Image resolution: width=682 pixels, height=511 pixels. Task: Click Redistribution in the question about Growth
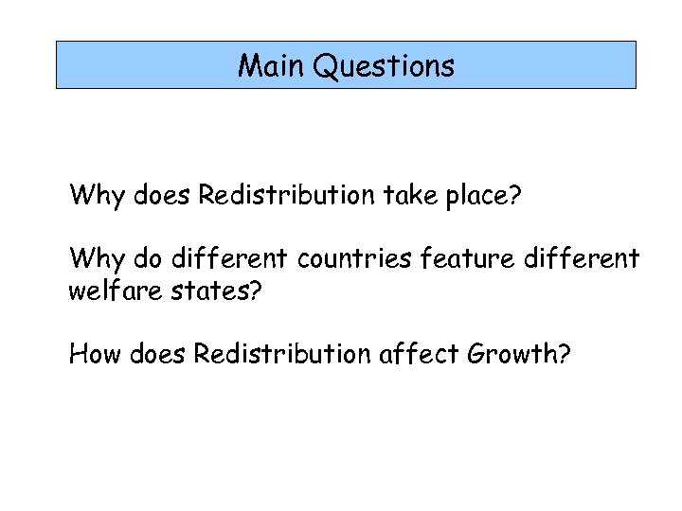pos(281,355)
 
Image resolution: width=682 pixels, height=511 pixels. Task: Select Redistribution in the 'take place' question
pos(281,197)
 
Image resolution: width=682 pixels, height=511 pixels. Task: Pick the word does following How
pos(156,355)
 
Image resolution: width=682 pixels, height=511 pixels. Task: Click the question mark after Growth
pos(564,355)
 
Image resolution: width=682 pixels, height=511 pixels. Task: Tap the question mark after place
pos(516,197)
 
